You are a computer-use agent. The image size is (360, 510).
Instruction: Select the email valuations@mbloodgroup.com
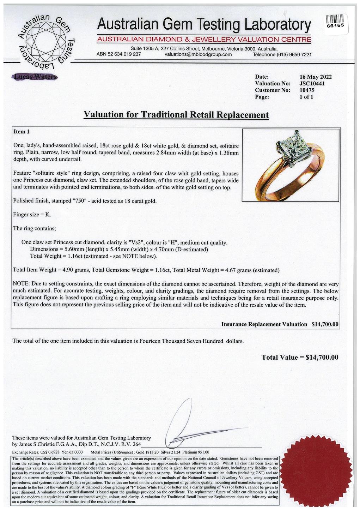(x=198, y=54)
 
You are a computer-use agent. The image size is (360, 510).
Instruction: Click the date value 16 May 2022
(x=315, y=77)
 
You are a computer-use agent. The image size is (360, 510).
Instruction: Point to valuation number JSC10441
(x=312, y=84)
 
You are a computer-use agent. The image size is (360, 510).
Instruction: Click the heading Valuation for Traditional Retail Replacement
(x=176, y=115)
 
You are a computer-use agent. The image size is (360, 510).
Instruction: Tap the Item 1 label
(x=22, y=132)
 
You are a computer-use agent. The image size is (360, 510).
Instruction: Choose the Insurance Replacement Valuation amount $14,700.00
(x=325, y=324)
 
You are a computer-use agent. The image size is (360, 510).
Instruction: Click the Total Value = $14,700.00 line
(x=300, y=357)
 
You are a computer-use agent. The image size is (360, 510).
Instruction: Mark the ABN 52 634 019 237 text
(x=118, y=54)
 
